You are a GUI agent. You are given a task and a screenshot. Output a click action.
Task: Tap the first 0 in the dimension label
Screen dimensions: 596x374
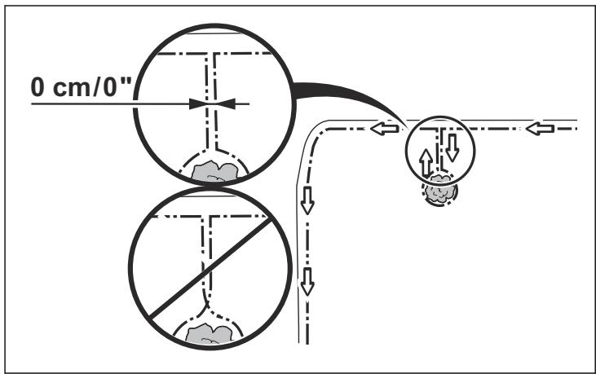[x=38, y=87]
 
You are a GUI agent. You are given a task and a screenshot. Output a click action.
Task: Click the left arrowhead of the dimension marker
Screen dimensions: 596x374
[x=198, y=103]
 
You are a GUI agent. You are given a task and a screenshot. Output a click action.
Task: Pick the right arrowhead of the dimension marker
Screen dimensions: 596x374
[x=226, y=103]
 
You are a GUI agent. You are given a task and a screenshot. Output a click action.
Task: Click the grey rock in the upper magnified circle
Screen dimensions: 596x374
[x=214, y=171]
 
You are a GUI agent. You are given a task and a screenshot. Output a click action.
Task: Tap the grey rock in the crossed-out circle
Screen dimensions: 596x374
[x=209, y=333]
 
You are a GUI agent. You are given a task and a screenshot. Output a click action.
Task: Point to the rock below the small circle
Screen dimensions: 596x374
[x=440, y=191]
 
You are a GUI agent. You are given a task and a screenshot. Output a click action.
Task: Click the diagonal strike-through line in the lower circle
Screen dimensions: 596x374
[x=210, y=269]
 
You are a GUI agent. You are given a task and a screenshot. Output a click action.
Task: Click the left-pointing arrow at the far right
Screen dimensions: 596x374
[x=540, y=129]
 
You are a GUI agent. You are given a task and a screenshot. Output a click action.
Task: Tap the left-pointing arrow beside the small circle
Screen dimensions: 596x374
[x=384, y=129]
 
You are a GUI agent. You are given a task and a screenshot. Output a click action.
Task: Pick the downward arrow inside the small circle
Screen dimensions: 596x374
[x=453, y=147]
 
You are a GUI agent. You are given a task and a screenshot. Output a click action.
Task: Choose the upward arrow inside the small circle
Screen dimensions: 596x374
[x=426, y=163]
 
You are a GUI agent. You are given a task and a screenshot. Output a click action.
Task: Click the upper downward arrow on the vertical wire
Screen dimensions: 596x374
[x=307, y=200]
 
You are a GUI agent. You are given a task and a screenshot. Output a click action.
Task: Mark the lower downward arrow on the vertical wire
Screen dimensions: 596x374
[x=307, y=282]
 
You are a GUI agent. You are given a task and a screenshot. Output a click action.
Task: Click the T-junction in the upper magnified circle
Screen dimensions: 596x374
[x=211, y=54]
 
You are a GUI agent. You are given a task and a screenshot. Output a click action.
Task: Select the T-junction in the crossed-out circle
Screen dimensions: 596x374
[x=206, y=217]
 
